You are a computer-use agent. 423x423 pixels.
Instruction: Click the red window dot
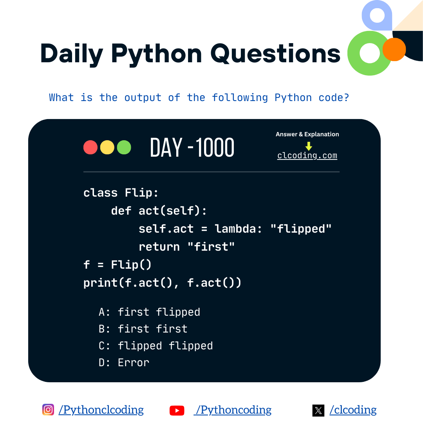point(90,147)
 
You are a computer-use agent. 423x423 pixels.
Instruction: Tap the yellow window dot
point(107,147)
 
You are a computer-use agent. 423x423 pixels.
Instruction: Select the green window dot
point(124,147)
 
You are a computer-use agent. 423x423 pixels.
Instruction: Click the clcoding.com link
point(307,155)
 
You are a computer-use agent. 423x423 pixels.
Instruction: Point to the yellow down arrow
point(309,146)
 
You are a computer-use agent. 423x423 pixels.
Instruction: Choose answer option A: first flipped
point(149,312)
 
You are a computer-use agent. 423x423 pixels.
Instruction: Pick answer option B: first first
point(143,329)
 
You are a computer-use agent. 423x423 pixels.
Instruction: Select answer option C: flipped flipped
point(155,346)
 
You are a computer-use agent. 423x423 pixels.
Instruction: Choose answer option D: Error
point(124,363)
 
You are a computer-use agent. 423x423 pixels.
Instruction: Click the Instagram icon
point(48,410)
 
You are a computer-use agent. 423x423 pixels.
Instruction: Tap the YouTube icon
point(177,410)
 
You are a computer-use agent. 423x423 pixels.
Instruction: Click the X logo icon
point(318,410)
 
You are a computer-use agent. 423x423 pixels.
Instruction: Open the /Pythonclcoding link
point(101,410)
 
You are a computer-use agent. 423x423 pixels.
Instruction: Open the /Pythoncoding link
point(233,410)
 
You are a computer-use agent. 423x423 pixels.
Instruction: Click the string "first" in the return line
point(211,247)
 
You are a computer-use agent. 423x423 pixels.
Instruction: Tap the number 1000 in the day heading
point(215,148)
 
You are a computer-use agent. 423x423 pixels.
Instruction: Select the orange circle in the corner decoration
point(394,49)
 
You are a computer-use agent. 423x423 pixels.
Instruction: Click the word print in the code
point(101,282)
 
